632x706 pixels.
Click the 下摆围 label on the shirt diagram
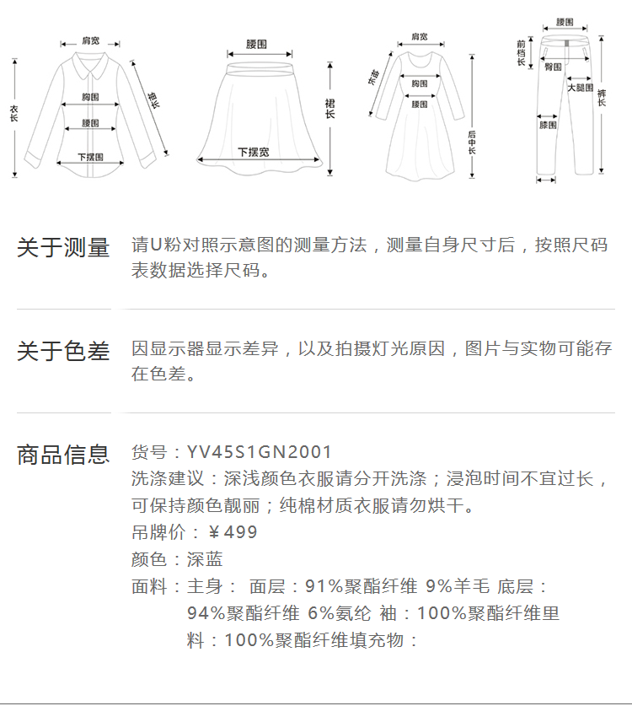pos(90,157)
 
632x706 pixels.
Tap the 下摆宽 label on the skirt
pos(253,152)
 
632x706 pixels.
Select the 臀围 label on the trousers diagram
pos(553,67)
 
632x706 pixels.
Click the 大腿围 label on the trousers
pos(580,88)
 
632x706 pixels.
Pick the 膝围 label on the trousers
pos(548,125)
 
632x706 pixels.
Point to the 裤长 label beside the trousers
pos(602,97)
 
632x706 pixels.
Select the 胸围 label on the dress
pos(420,84)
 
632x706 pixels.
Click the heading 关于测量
pos(63,248)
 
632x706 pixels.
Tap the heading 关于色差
pos(63,352)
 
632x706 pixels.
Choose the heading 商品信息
pos(63,455)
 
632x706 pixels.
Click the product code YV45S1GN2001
pos(260,453)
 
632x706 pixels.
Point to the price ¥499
pos(233,532)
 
